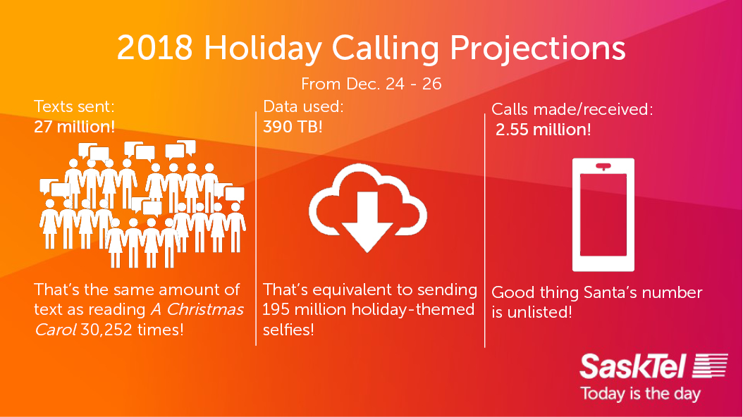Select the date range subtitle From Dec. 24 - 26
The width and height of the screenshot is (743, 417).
click(x=371, y=84)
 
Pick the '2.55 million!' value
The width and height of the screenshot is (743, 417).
click(x=543, y=130)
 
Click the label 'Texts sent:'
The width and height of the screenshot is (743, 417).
click(x=75, y=108)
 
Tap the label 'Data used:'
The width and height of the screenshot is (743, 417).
click(x=303, y=107)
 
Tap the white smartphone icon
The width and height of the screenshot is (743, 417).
click(x=603, y=215)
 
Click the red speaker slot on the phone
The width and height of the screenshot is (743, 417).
click(x=603, y=167)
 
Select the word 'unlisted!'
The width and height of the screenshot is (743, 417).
click(x=539, y=312)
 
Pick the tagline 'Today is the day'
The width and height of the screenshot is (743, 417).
click(x=639, y=392)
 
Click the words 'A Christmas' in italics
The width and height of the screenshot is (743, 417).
click(x=197, y=309)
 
